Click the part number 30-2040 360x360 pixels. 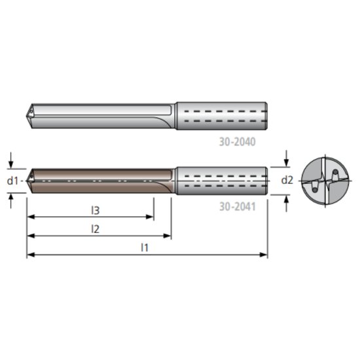tap(237, 141)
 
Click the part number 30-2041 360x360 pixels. tap(237, 206)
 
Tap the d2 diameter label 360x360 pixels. tap(287, 180)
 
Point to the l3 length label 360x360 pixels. tap(95, 210)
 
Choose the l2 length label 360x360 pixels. tap(95, 228)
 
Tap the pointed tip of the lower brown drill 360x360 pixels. tap(27, 180)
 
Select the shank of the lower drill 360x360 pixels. tap(221, 180)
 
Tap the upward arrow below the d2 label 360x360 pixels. tap(287, 198)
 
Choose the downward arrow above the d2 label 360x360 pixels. tap(287, 162)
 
